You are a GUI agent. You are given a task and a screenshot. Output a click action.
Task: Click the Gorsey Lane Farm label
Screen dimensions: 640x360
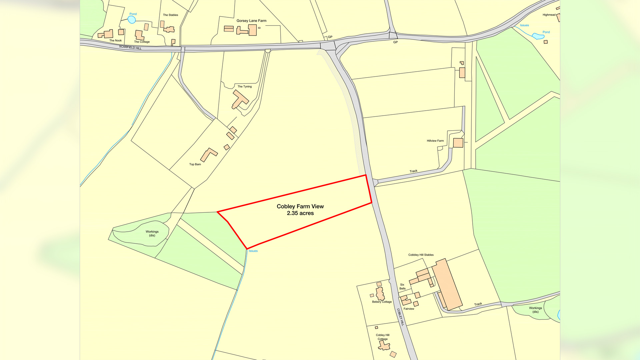[251, 21]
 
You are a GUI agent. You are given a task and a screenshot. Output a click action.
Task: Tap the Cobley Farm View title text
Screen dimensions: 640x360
[300, 206]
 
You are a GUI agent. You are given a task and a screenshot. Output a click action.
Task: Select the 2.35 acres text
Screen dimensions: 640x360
[300, 213]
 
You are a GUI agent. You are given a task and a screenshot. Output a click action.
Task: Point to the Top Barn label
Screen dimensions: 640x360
[195, 164]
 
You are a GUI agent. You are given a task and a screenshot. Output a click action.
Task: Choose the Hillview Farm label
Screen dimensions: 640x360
[435, 141]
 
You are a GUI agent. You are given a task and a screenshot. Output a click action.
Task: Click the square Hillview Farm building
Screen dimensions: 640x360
[458, 143]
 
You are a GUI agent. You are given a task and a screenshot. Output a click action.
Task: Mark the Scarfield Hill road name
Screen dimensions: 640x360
[130, 47]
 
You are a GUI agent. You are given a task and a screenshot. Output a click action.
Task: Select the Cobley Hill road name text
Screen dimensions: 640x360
[400, 317]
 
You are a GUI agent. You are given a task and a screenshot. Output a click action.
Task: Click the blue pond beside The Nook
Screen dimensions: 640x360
[132, 20]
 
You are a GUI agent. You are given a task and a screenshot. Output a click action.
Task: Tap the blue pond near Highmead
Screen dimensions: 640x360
[538, 36]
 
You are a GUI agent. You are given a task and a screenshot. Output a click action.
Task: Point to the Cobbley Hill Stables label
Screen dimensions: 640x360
[421, 255]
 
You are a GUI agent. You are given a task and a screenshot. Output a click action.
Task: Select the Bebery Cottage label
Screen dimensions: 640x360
[382, 302]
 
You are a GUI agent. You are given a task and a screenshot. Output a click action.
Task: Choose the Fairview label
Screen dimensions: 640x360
[409, 309]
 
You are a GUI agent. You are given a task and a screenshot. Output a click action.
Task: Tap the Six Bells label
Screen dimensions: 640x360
[402, 287]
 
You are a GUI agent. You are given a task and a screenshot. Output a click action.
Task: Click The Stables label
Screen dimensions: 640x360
[170, 15]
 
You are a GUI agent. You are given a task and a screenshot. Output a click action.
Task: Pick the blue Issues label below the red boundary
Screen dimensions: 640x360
[253, 251]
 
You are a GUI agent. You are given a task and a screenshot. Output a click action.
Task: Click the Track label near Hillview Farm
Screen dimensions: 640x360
[413, 171]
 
